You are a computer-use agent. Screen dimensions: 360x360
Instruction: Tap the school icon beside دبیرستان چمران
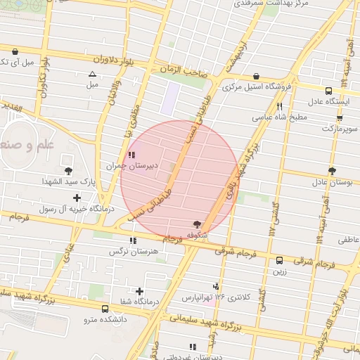tap(131, 155)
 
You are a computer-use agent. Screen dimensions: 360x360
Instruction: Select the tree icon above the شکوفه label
tap(196, 224)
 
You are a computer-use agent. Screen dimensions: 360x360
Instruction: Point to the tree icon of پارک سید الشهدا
tap(68, 171)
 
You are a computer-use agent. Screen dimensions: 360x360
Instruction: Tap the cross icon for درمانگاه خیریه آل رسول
tap(77, 198)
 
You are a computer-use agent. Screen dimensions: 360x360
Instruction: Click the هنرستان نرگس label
tap(129, 251)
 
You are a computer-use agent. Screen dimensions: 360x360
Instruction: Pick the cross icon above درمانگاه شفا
tap(140, 291)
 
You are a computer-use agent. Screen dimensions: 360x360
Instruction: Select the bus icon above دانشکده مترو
tap(105, 309)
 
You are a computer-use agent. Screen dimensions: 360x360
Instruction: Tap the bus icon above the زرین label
tap(280, 260)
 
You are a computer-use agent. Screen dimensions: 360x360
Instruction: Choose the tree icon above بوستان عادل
tap(332, 171)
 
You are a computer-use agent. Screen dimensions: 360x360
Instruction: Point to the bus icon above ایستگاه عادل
tap(328, 91)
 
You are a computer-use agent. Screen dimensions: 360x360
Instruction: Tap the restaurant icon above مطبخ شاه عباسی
tap(280, 107)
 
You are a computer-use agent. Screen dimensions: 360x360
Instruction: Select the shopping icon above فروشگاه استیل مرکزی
tap(256, 76)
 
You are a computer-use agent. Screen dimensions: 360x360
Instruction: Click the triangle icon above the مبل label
tap(92, 74)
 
